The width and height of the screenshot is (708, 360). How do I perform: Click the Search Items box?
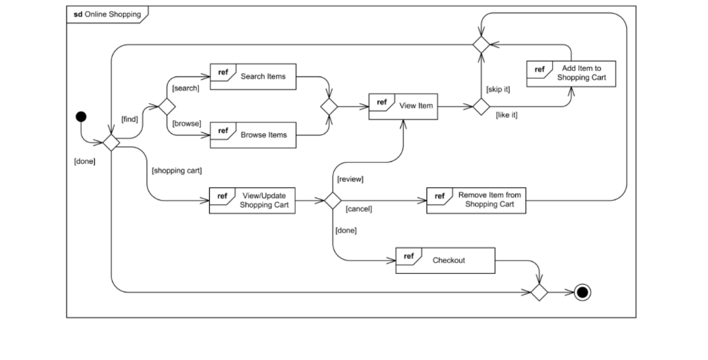tap(253, 77)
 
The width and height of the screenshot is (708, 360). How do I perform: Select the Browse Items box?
tap(253, 135)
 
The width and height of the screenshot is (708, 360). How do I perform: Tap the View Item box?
tap(403, 107)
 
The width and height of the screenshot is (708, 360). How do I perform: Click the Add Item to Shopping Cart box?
tap(571, 74)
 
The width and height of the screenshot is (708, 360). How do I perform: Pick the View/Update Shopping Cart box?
tap(252, 201)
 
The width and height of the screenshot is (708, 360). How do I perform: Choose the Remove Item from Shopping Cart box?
tap(476, 200)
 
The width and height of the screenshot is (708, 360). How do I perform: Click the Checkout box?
tap(445, 261)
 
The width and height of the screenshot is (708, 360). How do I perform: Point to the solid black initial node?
tap(81, 116)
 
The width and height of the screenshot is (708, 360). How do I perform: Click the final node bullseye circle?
tap(582, 292)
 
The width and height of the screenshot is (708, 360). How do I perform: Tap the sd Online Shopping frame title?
tap(107, 14)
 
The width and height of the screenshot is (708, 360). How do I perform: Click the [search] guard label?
tap(185, 88)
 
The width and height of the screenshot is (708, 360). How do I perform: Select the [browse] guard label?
tap(186, 124)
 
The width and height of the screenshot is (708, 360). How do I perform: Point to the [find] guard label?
tap(129, 119)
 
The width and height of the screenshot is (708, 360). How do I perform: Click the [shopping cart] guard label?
tap(176, 169)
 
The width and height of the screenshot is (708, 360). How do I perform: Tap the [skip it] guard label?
tap(498, 89)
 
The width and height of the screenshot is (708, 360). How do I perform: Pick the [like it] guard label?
tap(506, 115)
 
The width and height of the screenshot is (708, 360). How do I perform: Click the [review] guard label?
tap(350, 180)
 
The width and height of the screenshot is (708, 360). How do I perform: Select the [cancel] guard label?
tap(359, 209)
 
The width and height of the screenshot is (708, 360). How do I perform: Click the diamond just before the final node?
tap(540, 292)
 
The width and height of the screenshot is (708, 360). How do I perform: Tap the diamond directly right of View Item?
tap(481, 107)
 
